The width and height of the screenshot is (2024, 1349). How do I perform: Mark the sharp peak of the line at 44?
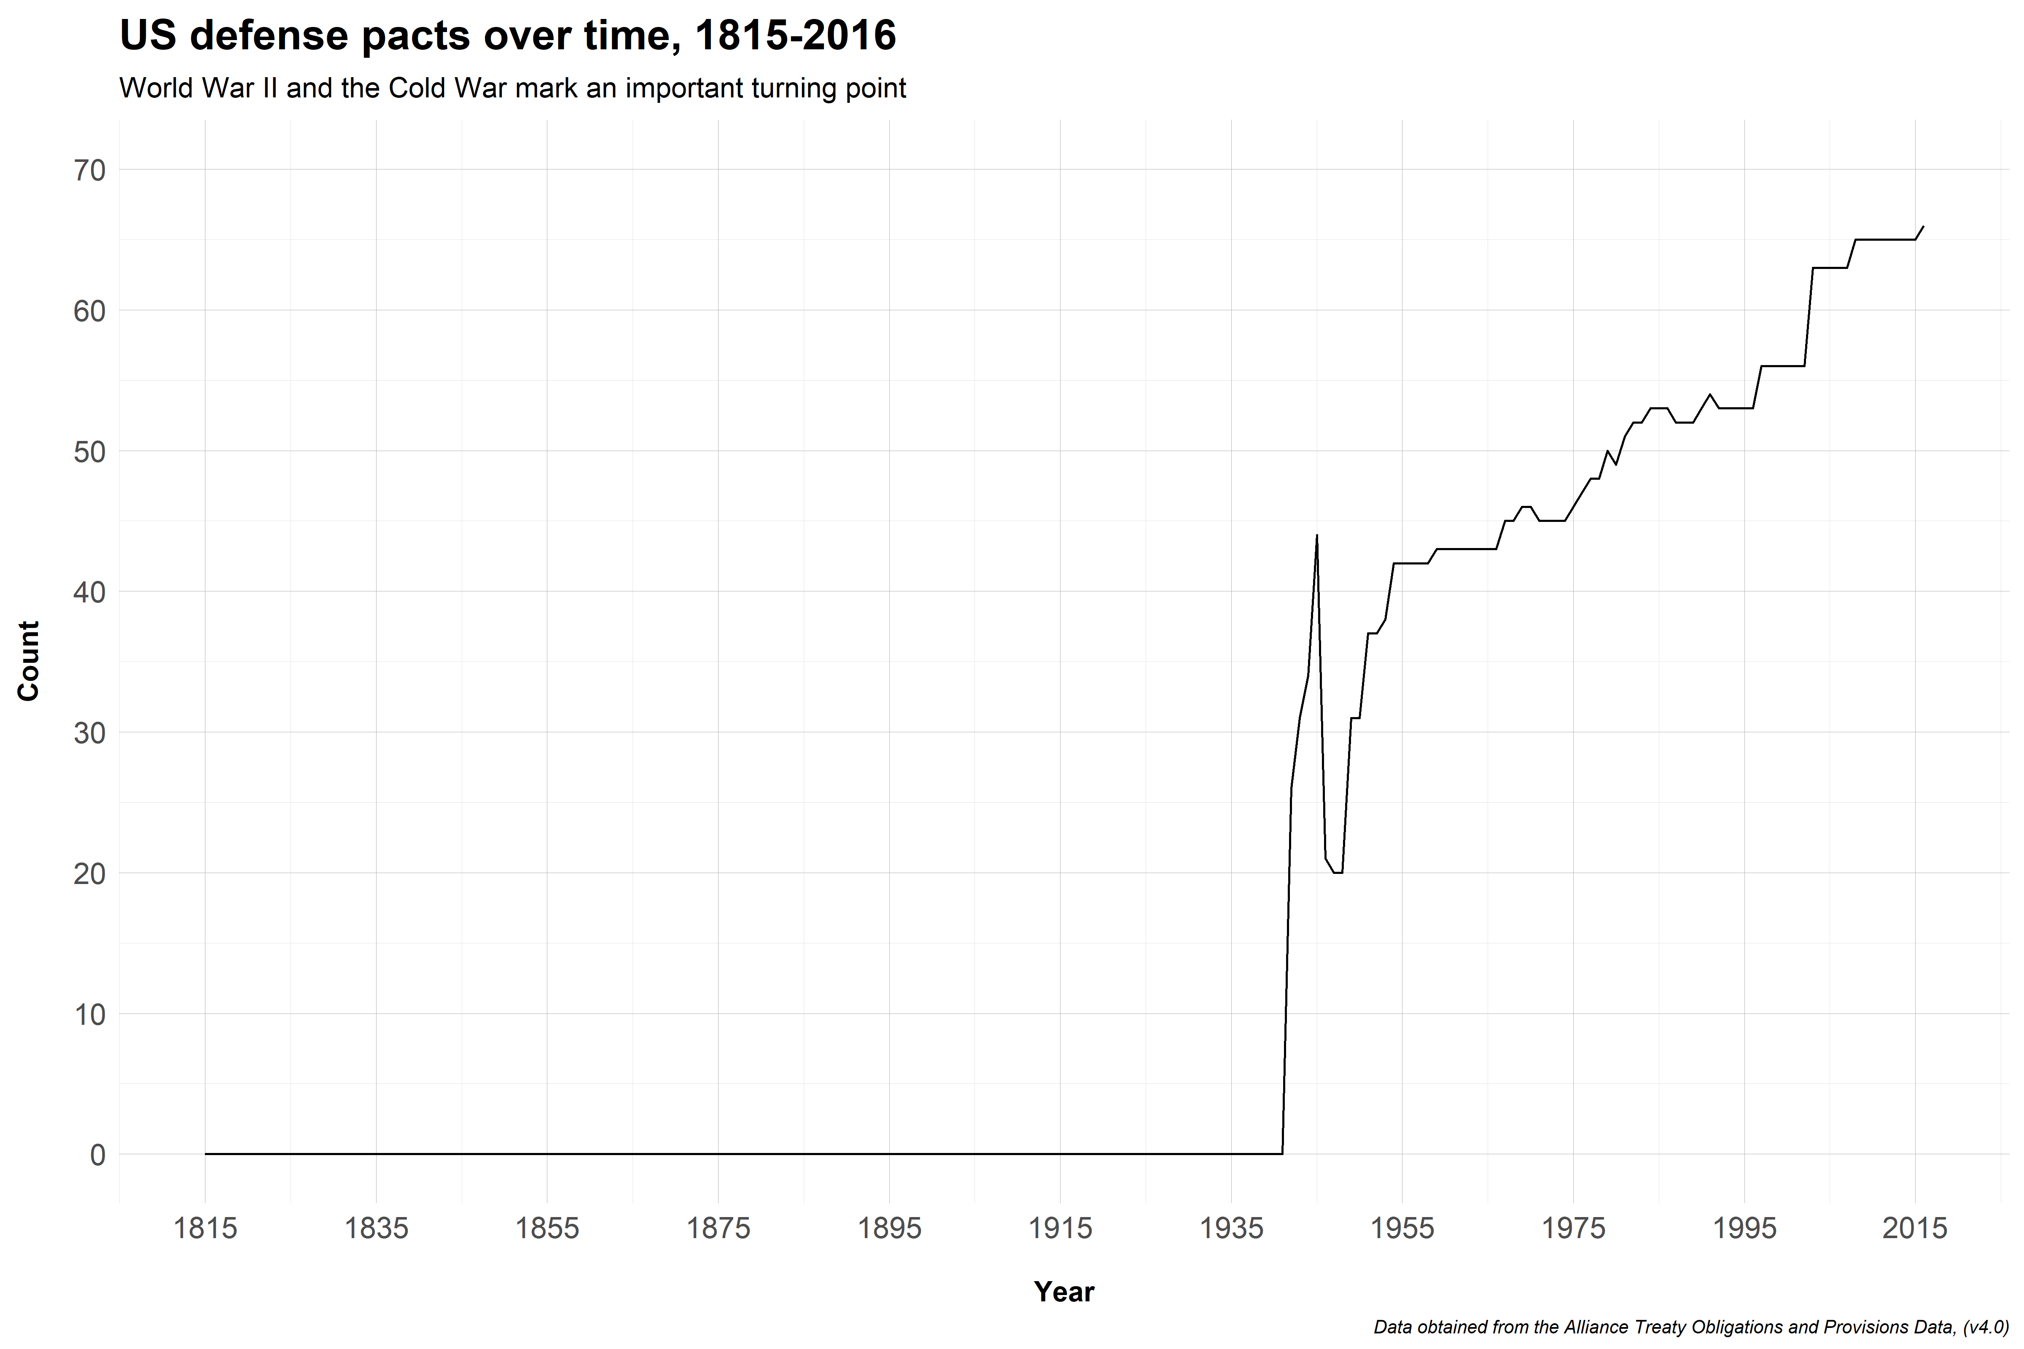tap(1316, 536)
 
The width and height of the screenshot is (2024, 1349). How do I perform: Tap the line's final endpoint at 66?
tap(1923, 226)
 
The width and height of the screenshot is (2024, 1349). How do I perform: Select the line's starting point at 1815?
tap(206, 1154)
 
